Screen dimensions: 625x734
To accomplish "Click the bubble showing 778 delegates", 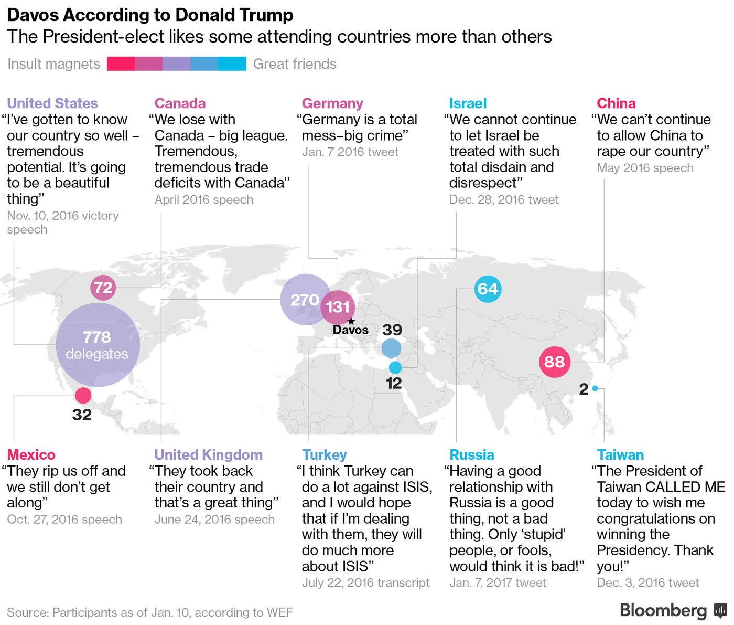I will (x=98, y=345).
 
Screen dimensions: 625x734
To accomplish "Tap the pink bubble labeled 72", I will (x=103, y=288).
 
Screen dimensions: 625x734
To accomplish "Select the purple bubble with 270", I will (x=305, y=299).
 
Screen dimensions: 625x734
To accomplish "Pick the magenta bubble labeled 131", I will (x=338, y=307).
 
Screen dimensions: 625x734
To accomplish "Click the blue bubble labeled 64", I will (x=488, y=289).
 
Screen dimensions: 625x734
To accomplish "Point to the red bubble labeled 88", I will (x=554, y=362).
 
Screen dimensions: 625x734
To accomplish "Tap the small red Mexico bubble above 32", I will (x=83, y=395).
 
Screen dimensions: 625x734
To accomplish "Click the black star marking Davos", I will (x=351, y=321).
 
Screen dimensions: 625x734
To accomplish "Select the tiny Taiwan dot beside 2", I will (x=595, y=389).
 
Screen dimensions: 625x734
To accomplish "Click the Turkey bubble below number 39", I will (x=391, y=348).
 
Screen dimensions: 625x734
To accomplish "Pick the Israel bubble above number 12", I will (x=395, y=367).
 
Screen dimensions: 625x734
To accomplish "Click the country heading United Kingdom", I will (x=209, y=454).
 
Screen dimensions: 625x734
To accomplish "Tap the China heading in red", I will (x=616, y=103).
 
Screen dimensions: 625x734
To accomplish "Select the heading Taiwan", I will (x=620, y=454).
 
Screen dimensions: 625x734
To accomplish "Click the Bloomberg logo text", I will (x=663, y=610).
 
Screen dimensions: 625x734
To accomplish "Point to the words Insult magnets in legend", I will (x=53, y=64).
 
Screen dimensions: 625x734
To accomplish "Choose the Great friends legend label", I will (x=295, y=64).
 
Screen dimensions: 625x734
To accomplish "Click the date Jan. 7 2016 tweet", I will (x=350, y=152).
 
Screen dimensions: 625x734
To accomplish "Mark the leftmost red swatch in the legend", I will (x=121, y=64).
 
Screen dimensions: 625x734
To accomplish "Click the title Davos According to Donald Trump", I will (x=150, y=15).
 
